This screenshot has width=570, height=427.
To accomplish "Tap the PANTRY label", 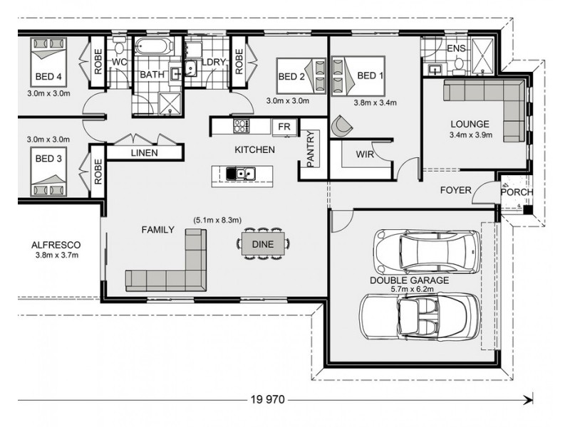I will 310,150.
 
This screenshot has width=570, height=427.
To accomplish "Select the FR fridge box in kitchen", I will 284,127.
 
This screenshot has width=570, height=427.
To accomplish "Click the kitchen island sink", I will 243,173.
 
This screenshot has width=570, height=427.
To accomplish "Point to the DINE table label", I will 262,244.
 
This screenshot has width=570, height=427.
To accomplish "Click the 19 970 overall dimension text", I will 267,400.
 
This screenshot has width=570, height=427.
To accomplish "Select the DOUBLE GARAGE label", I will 409,280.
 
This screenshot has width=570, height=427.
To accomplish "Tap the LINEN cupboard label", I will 144,153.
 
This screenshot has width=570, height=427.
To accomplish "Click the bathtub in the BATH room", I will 154,48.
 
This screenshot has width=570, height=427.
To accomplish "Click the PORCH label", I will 515,193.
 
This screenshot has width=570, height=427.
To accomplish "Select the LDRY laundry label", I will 213,63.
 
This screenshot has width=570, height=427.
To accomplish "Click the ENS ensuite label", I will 456,48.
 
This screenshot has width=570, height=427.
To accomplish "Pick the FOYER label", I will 456,190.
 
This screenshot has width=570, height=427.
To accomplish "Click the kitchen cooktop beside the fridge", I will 242,127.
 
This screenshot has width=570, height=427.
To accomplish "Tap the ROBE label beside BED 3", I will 98,172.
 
